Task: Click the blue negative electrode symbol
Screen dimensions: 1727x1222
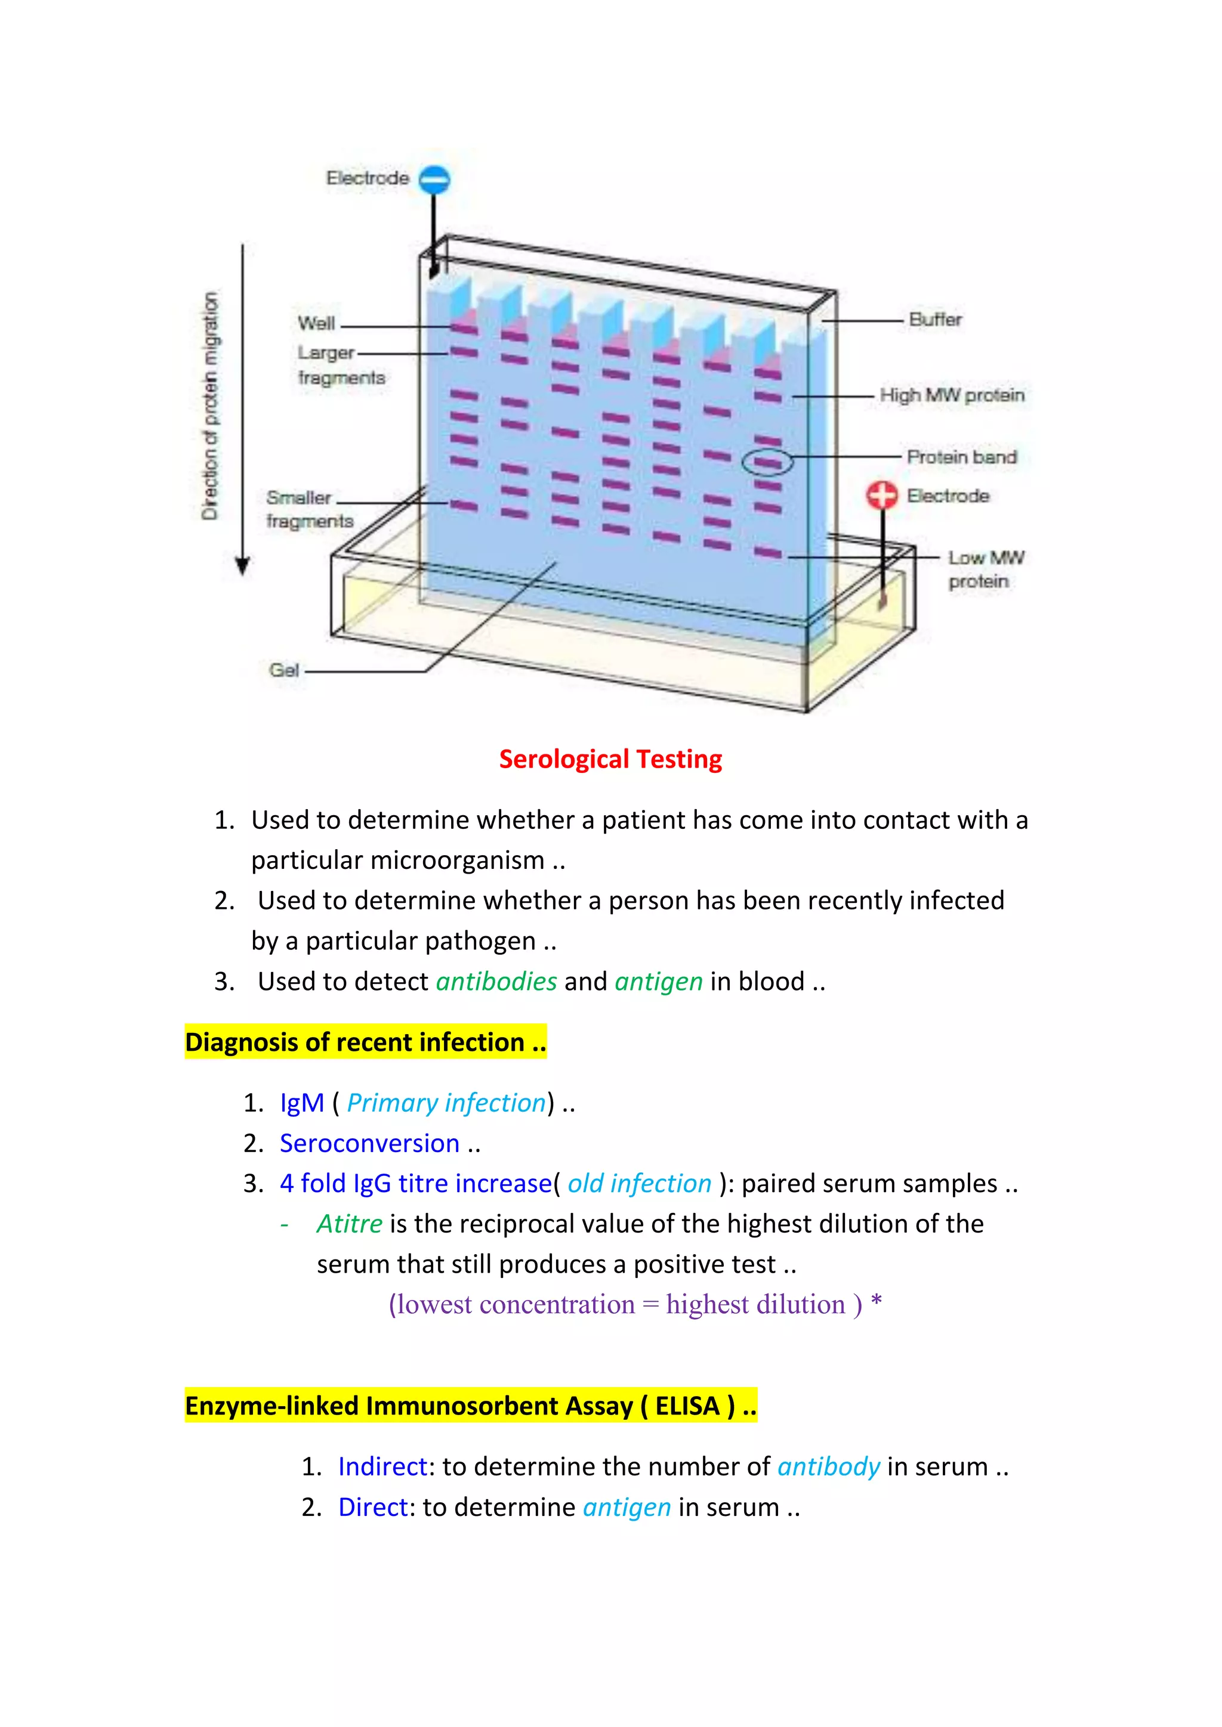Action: [434, 179]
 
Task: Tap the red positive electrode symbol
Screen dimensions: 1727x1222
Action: [882, 495]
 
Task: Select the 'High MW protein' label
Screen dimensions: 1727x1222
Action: [952, 395]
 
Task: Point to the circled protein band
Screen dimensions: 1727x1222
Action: [767, 462]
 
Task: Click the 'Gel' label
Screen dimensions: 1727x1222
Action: [283, 670]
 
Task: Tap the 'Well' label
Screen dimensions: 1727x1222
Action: [316, 323]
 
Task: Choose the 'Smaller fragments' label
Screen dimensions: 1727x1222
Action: [309, 509]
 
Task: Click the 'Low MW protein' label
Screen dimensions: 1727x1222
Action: [985, 569]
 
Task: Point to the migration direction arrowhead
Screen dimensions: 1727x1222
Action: [242, 566]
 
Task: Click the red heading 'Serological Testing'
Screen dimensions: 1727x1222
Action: [610, 760]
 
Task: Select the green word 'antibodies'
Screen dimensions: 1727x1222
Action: [496, 982]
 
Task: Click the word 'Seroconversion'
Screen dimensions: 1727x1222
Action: [369, 1143]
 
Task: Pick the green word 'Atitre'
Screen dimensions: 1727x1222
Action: [349, 1224]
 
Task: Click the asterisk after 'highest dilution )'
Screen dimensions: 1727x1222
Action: [876, 1302]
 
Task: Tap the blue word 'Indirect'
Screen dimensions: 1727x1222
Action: [382, 1467]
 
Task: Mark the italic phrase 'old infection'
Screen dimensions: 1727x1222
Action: [639, 1184]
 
